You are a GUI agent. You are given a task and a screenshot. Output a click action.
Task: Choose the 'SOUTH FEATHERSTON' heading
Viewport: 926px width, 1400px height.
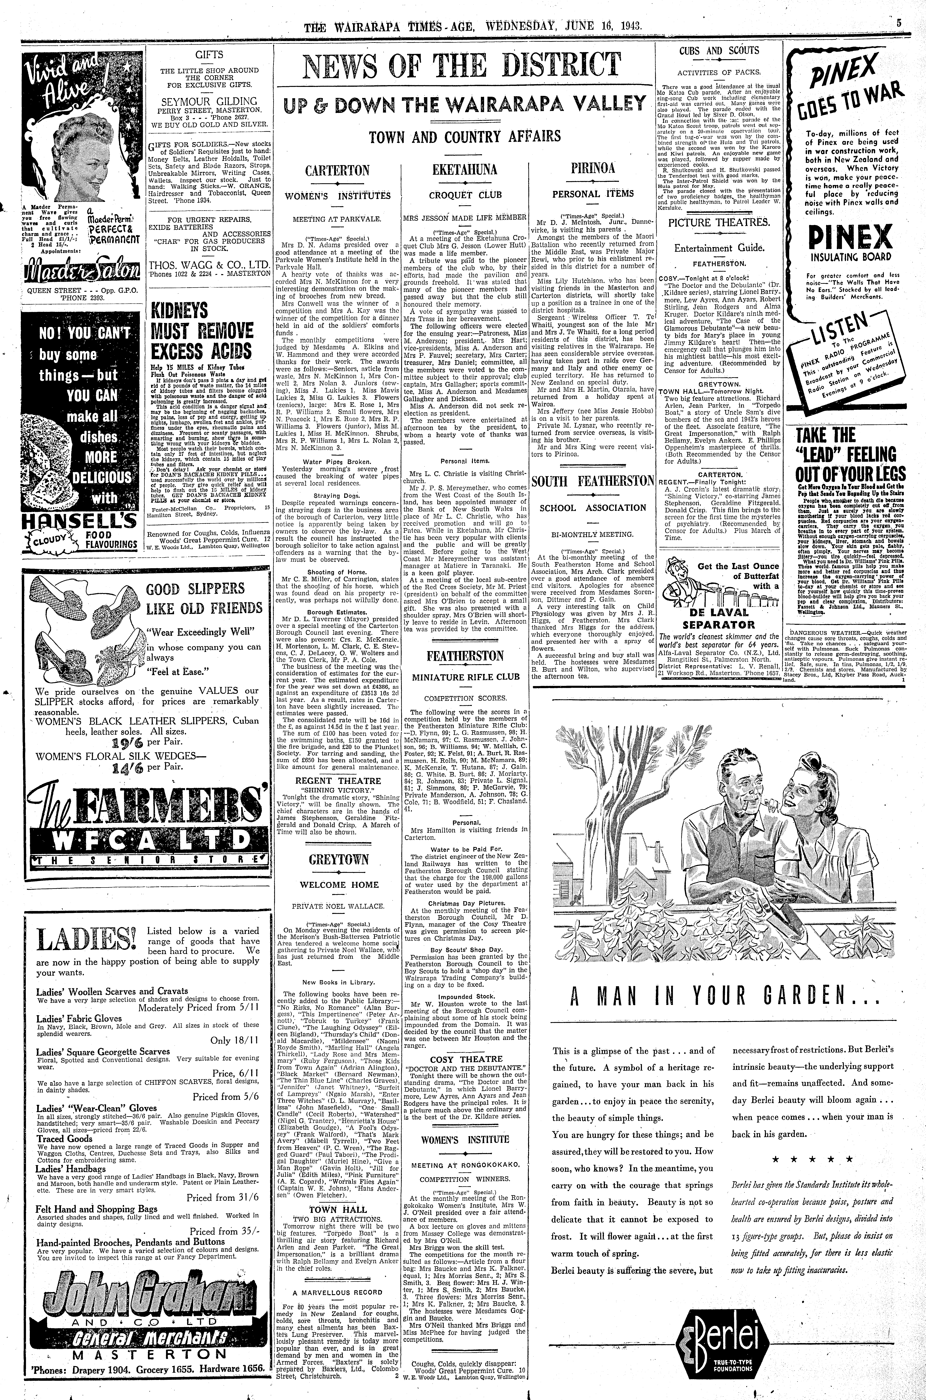(592, 481)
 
